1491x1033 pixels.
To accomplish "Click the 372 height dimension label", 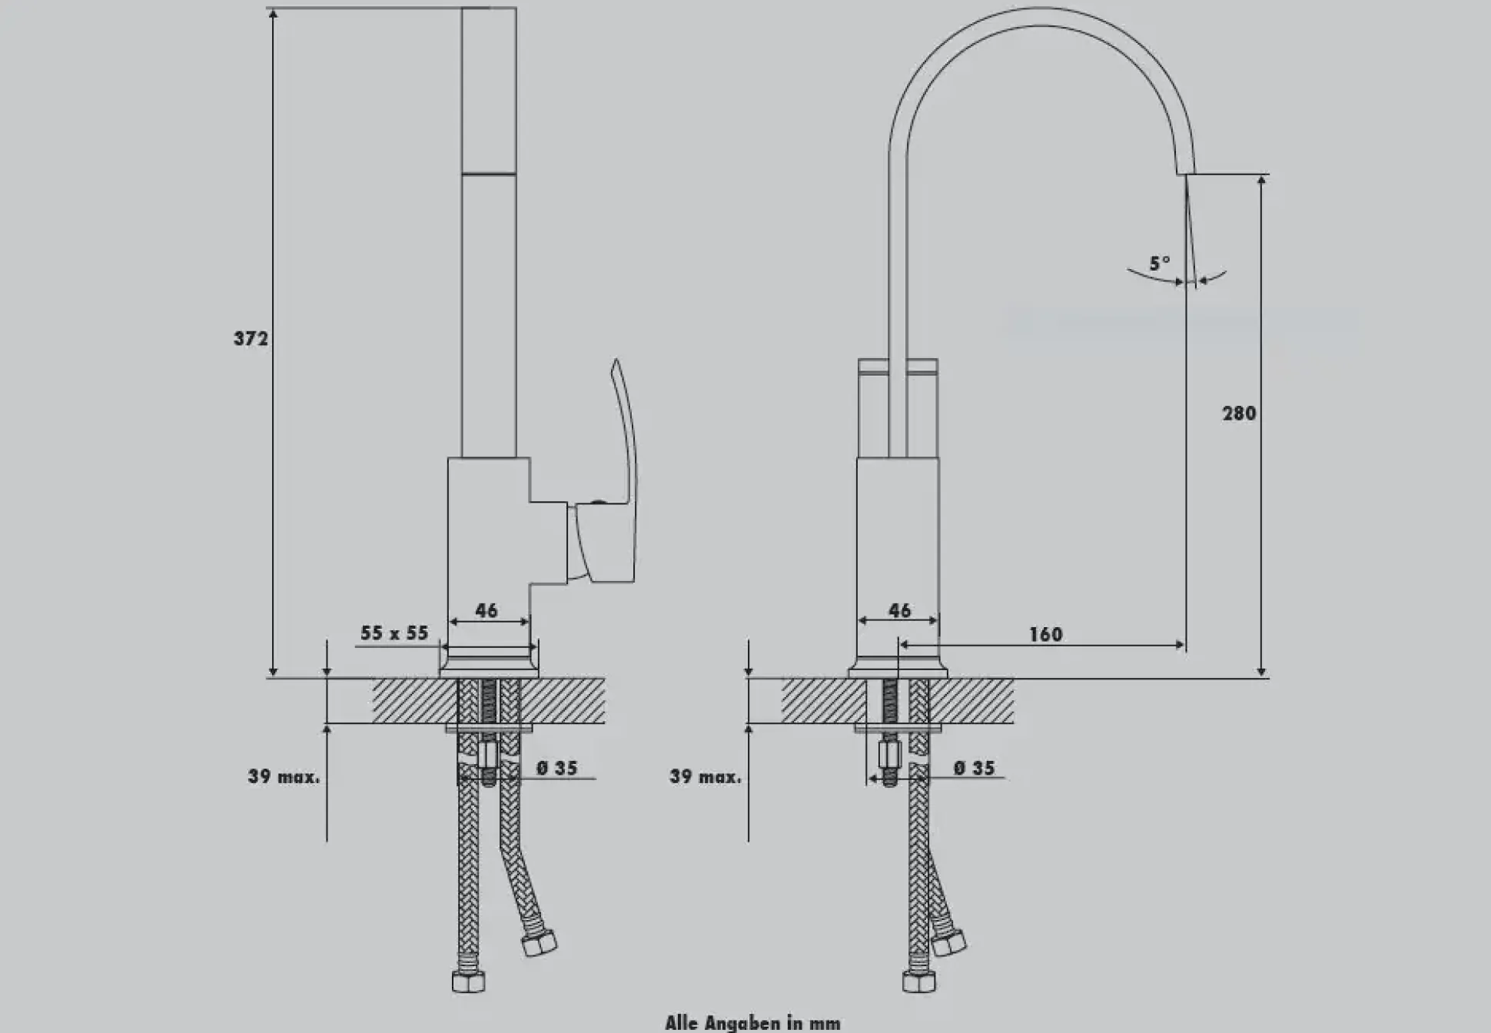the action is pos(251,338).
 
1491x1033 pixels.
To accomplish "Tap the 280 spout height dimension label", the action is pos(1239,414).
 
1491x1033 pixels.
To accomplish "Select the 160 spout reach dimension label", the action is pos(1045,634).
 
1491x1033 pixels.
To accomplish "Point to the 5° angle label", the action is pos(1160,264).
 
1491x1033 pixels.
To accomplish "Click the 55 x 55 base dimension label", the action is pos(394,633).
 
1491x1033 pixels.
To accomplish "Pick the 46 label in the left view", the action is pos(486,610).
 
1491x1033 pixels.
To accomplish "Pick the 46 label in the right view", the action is pos(899,610).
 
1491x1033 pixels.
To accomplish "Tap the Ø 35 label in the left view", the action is pos(556,768).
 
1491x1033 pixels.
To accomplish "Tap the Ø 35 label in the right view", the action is pos(974,768).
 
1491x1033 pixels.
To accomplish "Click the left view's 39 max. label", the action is pos(283,776).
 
